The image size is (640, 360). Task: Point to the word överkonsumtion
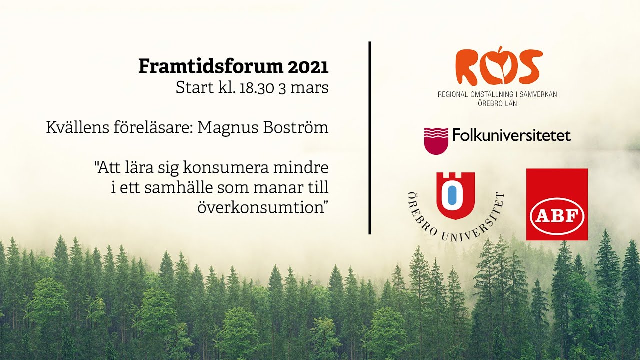tap(262, 207)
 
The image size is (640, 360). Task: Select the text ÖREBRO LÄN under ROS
tap(497, 103)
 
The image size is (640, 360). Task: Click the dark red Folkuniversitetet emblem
tap(436, 140)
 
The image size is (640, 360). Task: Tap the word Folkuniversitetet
tap(511, 135)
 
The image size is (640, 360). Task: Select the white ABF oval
tap(557, 217)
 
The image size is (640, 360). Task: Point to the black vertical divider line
tap(369, 137)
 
